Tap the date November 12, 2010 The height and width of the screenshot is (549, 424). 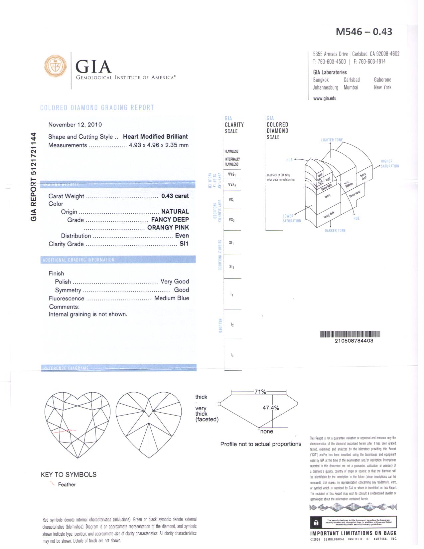(x=75, y=125)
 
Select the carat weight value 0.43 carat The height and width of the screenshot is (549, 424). (x=175, y=196)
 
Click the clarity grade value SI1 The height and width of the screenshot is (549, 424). (x=184, y=244)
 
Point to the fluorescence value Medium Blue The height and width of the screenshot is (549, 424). (x=172, y=298)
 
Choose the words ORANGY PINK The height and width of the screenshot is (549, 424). (x=168, y=228)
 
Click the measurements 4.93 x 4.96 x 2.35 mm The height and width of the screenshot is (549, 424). (x=159, y=145)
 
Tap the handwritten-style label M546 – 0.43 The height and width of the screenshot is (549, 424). (x=364, y=32)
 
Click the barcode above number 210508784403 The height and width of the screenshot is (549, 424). (x=350, y=334)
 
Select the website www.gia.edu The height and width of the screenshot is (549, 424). (x=325, y=98)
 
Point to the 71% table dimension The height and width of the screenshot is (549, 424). (x=260, y=392)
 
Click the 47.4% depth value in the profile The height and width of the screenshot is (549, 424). (x=271, y=408)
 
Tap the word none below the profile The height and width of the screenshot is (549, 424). (x=267, y=432)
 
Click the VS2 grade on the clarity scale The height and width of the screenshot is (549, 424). (x=232, y=220)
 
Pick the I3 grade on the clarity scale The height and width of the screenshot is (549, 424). (x=232, y=355)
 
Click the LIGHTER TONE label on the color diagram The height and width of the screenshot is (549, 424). (x=332, y=140)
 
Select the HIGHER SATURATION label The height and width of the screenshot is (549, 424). (x=389, y=164)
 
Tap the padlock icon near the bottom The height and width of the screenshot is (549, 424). (x=316, y=523)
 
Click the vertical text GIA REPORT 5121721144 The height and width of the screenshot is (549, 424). (x=34, y=177)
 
